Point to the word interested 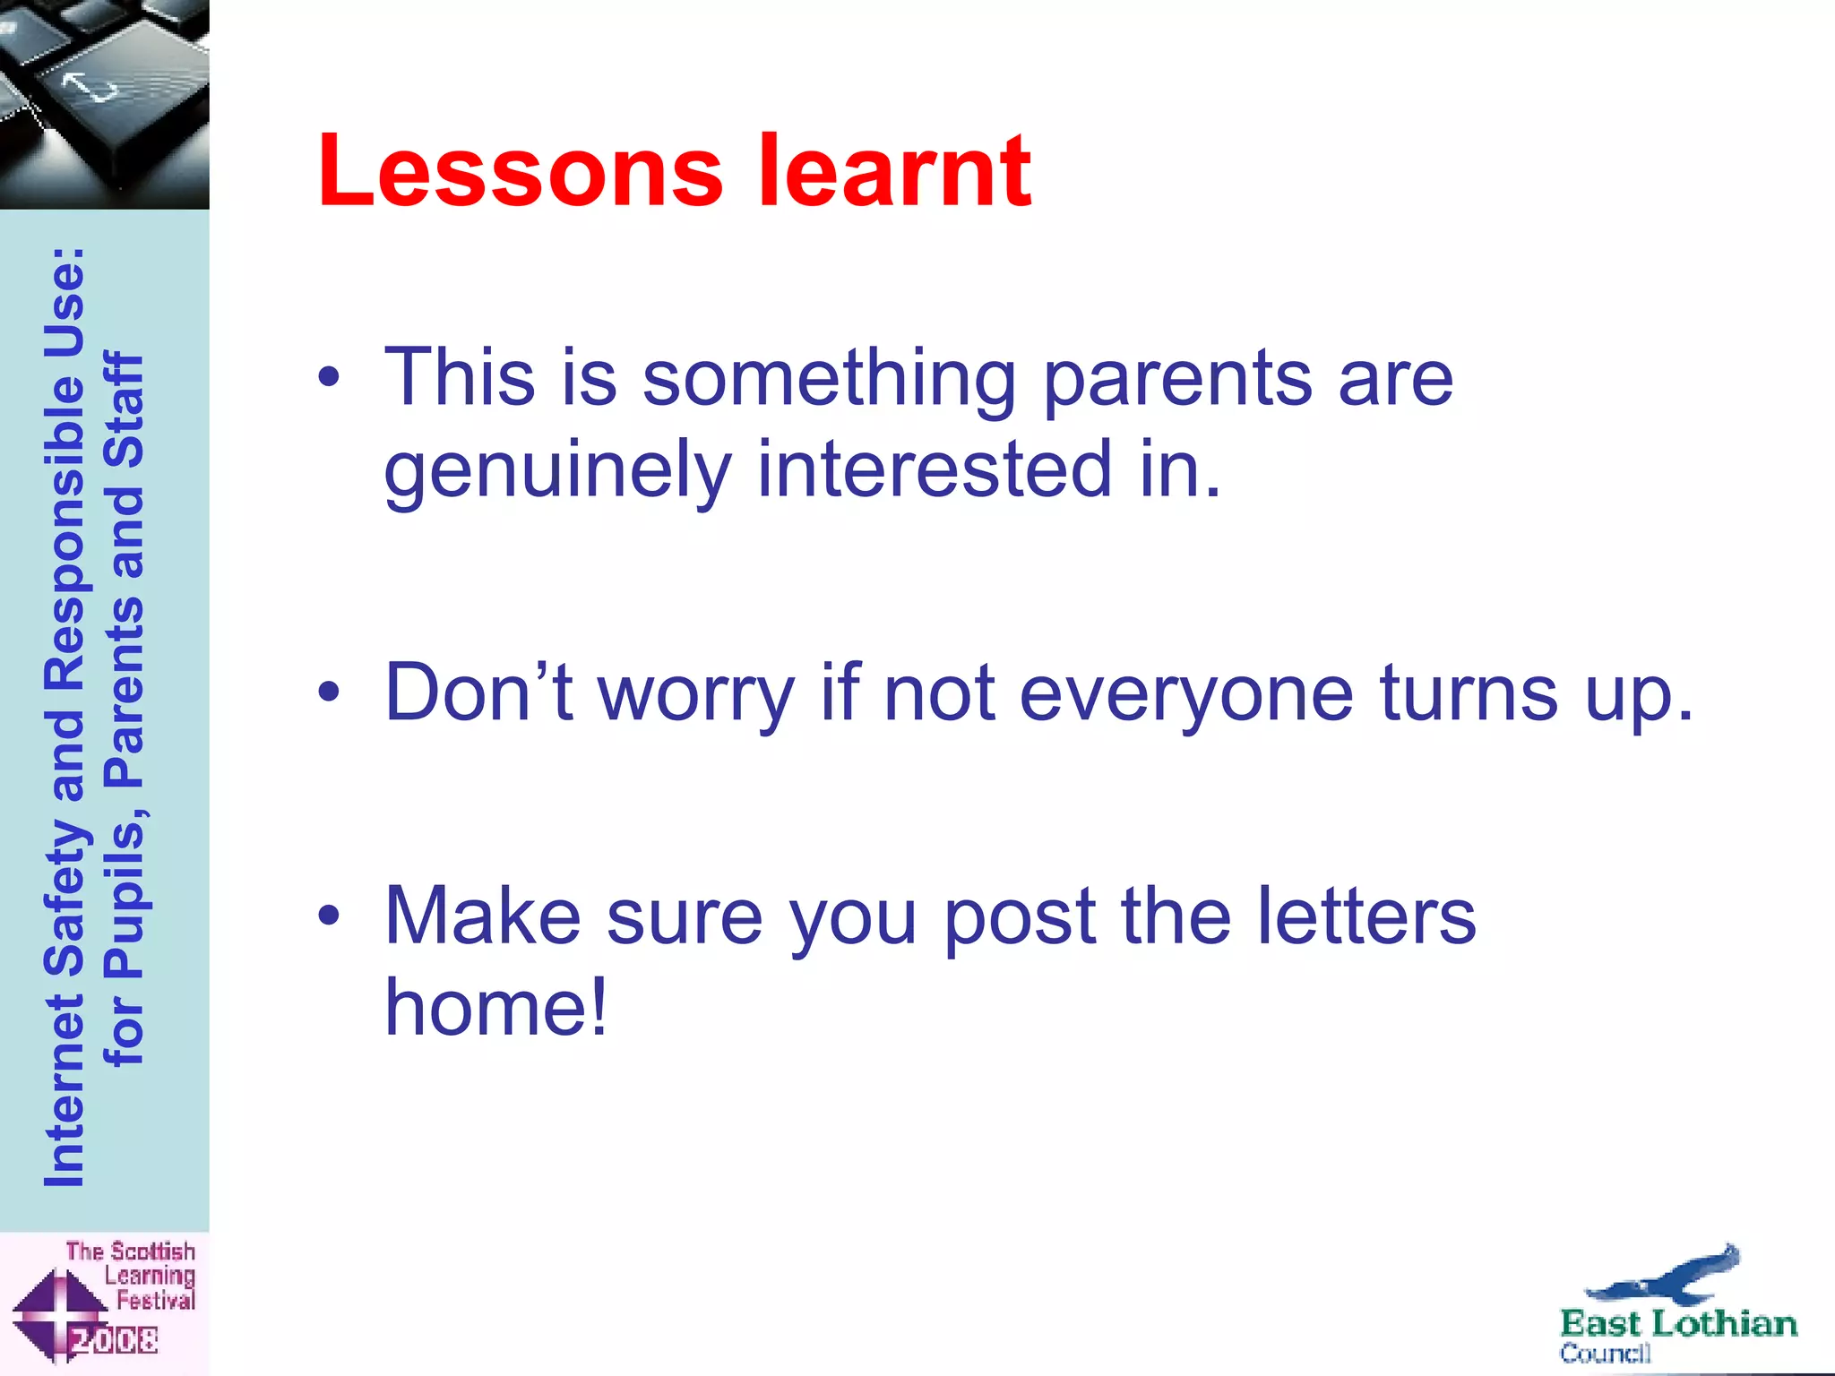pyautogui.click(x=935, y=469)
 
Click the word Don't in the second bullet pyautogui.click(x=478, y=692)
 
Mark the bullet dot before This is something pyautogui.click(x=329, y=377)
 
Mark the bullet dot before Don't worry pyautogui.click(x=329, y=692)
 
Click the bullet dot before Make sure pyautogui.click(x=329, y=916)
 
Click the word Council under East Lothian pyautogui.click(x=1604, y=1353)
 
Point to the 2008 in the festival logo pyautogui.click(x=115, y=1340)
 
